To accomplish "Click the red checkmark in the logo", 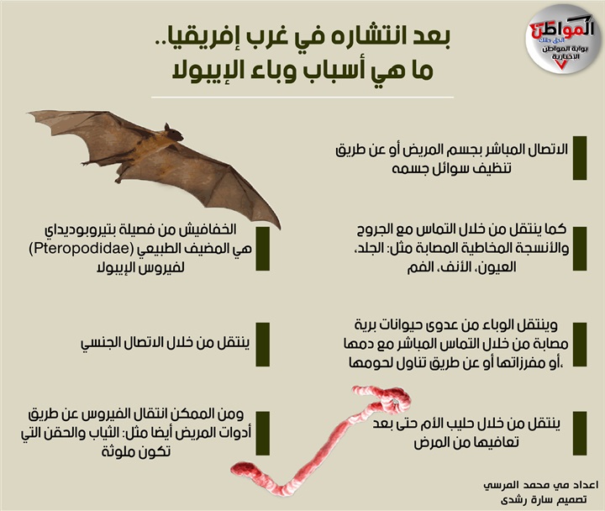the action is [561, 65].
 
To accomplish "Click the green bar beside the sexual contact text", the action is [262, 345].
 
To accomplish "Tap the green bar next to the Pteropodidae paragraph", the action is [262, 249].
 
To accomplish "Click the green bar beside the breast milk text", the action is [580, 433].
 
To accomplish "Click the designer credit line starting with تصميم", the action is [544, 500].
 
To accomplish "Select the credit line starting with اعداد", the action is [541, 485].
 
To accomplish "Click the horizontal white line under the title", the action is [302, 97].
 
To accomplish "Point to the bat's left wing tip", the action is [28, 113].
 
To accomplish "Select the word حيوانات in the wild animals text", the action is [418, 326].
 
